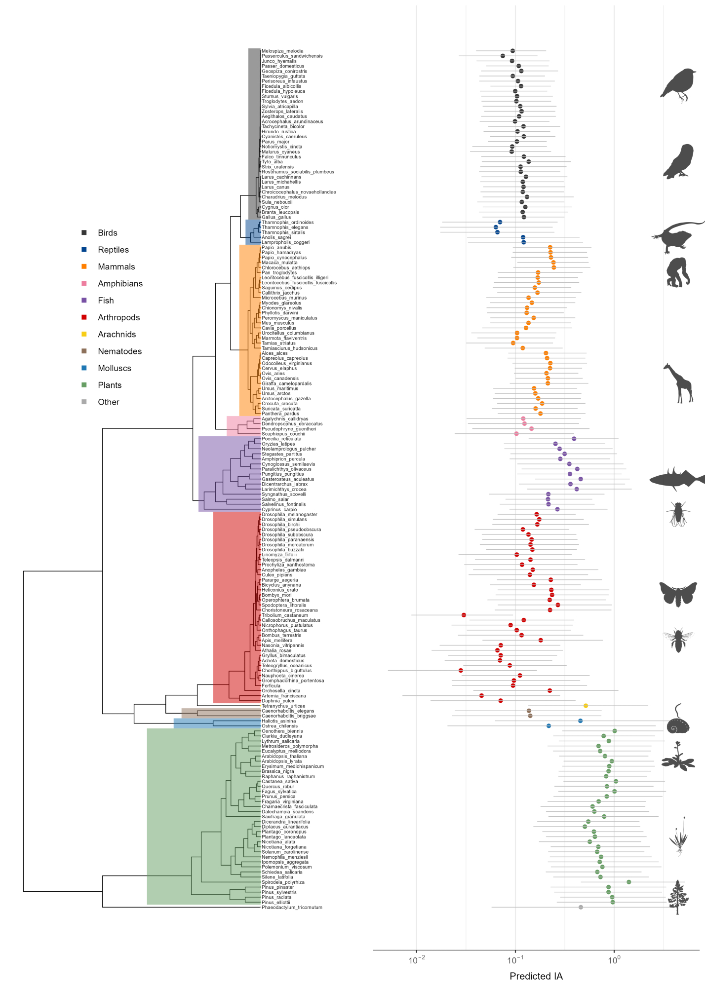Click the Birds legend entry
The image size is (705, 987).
[107, 233]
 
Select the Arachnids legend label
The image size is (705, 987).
[117, 335]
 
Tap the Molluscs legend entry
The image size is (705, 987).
[114, 368]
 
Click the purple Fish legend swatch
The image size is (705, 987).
[84, 300]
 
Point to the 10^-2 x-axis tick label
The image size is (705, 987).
[417, 960]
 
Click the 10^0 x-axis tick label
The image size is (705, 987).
[614, 960]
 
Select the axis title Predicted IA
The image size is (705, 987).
[536, 976]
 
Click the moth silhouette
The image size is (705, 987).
[678, 594]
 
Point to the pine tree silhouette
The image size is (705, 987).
[677, 898]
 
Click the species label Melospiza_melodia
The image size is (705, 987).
[282, 51]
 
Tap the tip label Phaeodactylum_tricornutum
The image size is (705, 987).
[292, 907]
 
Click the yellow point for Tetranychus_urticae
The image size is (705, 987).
[586, 706]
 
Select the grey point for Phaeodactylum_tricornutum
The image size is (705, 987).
[581, 907]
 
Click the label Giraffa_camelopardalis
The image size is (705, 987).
[286, 383]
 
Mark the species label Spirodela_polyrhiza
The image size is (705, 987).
[283, 882]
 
